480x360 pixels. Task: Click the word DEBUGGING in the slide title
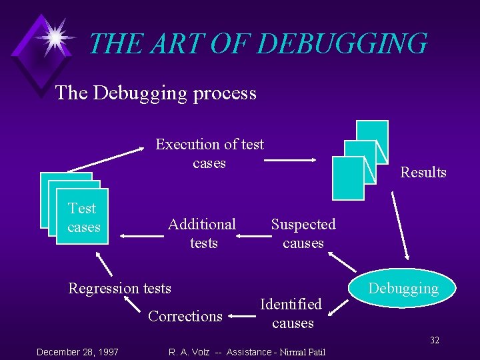pyautogui.click(x=341, y=44)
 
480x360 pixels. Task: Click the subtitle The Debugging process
pyautogui.click(x=156, y=93)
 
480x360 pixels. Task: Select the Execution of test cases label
pyautogui.click(x=209, y=153)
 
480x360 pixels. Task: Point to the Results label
pyautogui.click(x=423, y=173)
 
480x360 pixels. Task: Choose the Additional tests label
pyautogui.click(x=202, y=233)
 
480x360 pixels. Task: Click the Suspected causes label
pyautogui.click(x=303, y=233)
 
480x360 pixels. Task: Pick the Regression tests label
pyautogui.click(x=120, y=288)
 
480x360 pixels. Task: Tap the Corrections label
pyautogui.click(x=185, y=316)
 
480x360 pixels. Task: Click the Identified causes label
pyautogui.click(x=291, y=313)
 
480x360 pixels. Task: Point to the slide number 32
pyautogui.click(x=434, y=341)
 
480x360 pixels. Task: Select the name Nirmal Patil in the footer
pyautogui.click(x=303, y=352)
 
